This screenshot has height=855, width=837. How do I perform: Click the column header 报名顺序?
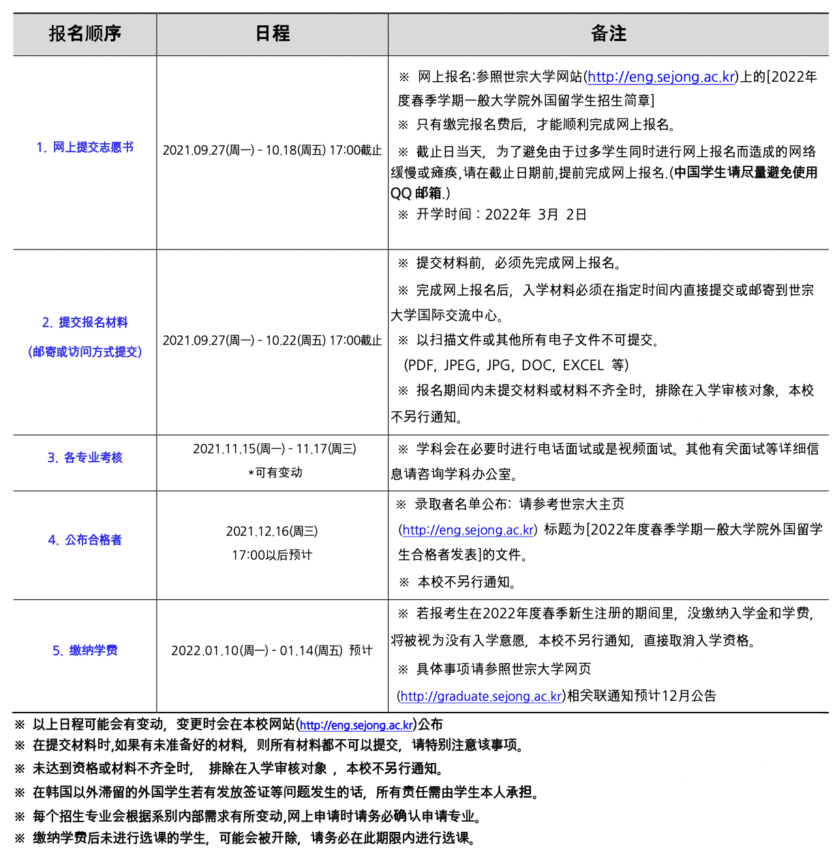point(85,33)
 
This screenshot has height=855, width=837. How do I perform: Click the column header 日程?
point(272,33)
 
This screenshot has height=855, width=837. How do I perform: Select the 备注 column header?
point(608,33)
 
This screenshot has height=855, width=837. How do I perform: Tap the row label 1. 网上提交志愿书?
point(85,147)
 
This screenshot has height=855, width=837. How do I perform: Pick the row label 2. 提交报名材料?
point(85,322)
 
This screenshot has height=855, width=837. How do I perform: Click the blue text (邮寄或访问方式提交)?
point(85,352)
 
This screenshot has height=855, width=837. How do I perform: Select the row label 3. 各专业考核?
point(85,457)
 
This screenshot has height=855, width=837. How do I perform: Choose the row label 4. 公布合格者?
point(85,540)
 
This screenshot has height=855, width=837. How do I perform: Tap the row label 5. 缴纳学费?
point(85,650)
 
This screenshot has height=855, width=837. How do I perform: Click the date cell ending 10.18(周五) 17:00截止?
point(272,150)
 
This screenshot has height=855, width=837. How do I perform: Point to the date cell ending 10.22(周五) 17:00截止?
point(272,340)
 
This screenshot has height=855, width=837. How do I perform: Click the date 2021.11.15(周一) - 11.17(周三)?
point(274,449)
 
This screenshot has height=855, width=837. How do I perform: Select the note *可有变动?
point(275,472)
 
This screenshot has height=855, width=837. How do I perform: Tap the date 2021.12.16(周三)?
point(272,531)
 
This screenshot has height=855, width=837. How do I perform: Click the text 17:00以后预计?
point(272,555)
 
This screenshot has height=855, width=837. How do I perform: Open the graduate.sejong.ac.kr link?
point(481,696)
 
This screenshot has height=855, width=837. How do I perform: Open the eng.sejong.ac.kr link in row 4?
point(468,530)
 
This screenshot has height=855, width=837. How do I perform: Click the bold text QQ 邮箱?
point(416,194)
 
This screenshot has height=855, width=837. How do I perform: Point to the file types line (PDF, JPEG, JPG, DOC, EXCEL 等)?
point(516,365)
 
